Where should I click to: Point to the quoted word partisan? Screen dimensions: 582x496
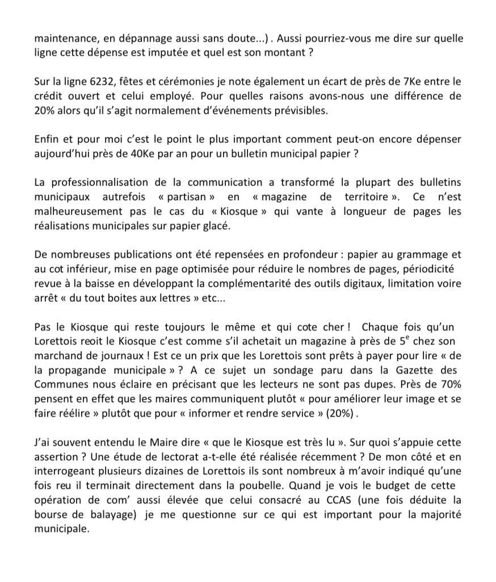pyautogui.click(x=191, y=197)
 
